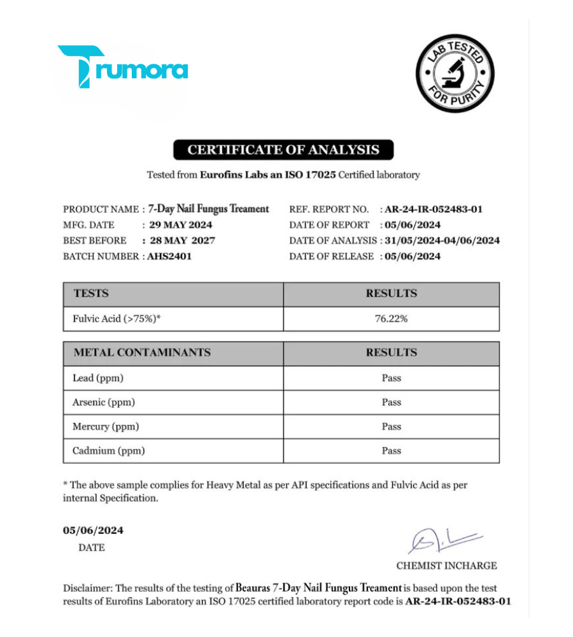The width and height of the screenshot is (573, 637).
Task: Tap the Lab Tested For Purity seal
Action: click(x=455, y=74)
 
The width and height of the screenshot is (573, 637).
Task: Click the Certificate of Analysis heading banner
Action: click(x=283, y=150)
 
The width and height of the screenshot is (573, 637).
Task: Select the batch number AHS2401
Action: click(x=169, y=256)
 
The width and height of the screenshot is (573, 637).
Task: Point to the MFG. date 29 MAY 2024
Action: click(x=180, y=225)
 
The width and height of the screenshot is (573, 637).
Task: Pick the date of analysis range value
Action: click(x=442, y=241)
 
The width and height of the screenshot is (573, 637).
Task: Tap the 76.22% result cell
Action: click(x=391, y=319)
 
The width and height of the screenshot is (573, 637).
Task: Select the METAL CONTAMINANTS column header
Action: click(x=142, y=353)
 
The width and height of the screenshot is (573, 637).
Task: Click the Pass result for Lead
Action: click(x=391, y=378)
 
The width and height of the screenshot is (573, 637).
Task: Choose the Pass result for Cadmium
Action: click(x=391, y=451)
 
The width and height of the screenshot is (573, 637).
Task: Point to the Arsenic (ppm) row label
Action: click(x=104, y=403)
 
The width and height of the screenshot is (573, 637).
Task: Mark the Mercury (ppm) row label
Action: click(x=106, y=427)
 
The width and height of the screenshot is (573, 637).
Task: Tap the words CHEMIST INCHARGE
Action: click(x=446, y=566)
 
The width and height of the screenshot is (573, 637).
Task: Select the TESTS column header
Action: click(x=91, y=294)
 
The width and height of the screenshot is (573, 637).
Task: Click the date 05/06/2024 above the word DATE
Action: click(x=93, y=531)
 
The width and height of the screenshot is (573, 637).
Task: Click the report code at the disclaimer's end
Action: click(x=458, y=601)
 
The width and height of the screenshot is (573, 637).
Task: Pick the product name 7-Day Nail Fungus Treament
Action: click(x=208, y=209)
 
